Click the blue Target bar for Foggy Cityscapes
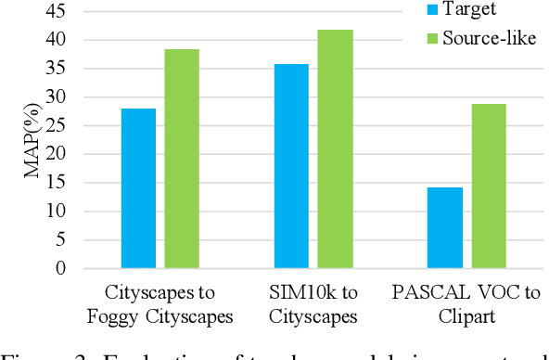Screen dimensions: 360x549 click(138, 188)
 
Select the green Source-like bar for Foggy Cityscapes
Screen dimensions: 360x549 click(182, 159)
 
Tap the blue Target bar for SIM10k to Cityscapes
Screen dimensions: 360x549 click(291, 166)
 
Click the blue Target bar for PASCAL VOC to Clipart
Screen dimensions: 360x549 click(445, 227)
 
